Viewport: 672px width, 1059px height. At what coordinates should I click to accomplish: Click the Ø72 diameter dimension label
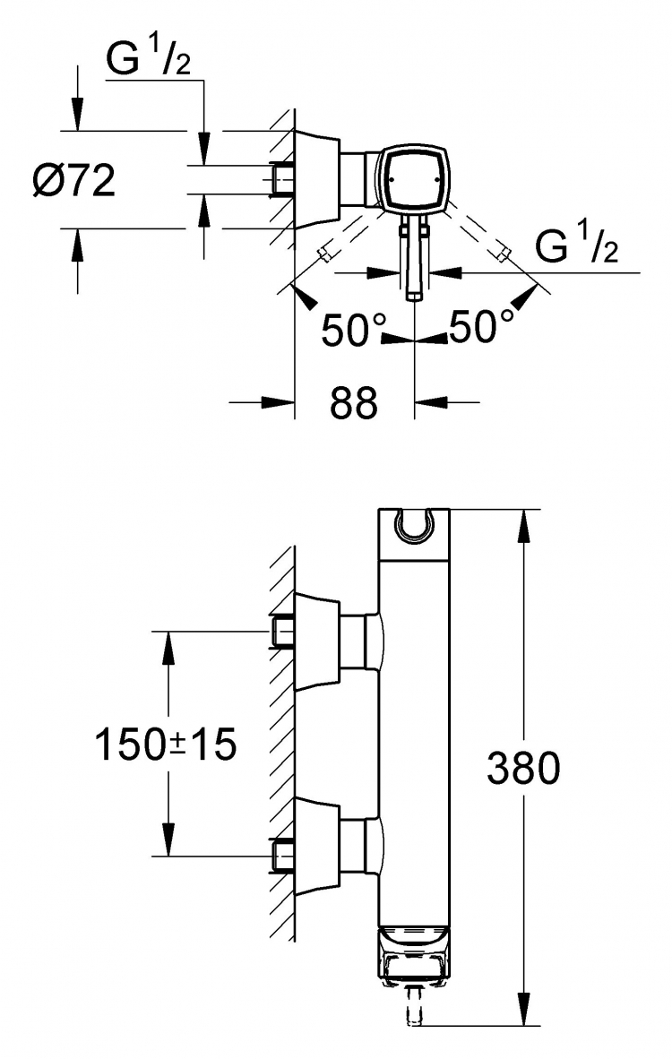(74, 181)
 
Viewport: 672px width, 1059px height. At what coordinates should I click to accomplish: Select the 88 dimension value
(354, 403)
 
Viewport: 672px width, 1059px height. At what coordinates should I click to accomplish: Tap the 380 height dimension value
(523, 768)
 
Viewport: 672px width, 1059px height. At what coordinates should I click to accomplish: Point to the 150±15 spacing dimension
(166, 745)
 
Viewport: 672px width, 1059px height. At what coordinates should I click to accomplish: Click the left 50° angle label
(352, 330)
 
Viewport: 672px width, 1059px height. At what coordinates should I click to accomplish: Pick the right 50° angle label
(481, 326)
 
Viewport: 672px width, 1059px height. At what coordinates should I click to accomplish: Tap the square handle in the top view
(412, 178)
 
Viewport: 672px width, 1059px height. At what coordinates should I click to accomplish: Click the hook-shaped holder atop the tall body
(413, 525)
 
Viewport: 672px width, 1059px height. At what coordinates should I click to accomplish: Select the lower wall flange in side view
(317, 847)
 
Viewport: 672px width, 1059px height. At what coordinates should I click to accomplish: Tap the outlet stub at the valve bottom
(413, 1005)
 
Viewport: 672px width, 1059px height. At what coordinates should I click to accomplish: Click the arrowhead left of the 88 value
(279, 402)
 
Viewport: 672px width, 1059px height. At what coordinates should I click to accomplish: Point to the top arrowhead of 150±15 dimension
(168, 649)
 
